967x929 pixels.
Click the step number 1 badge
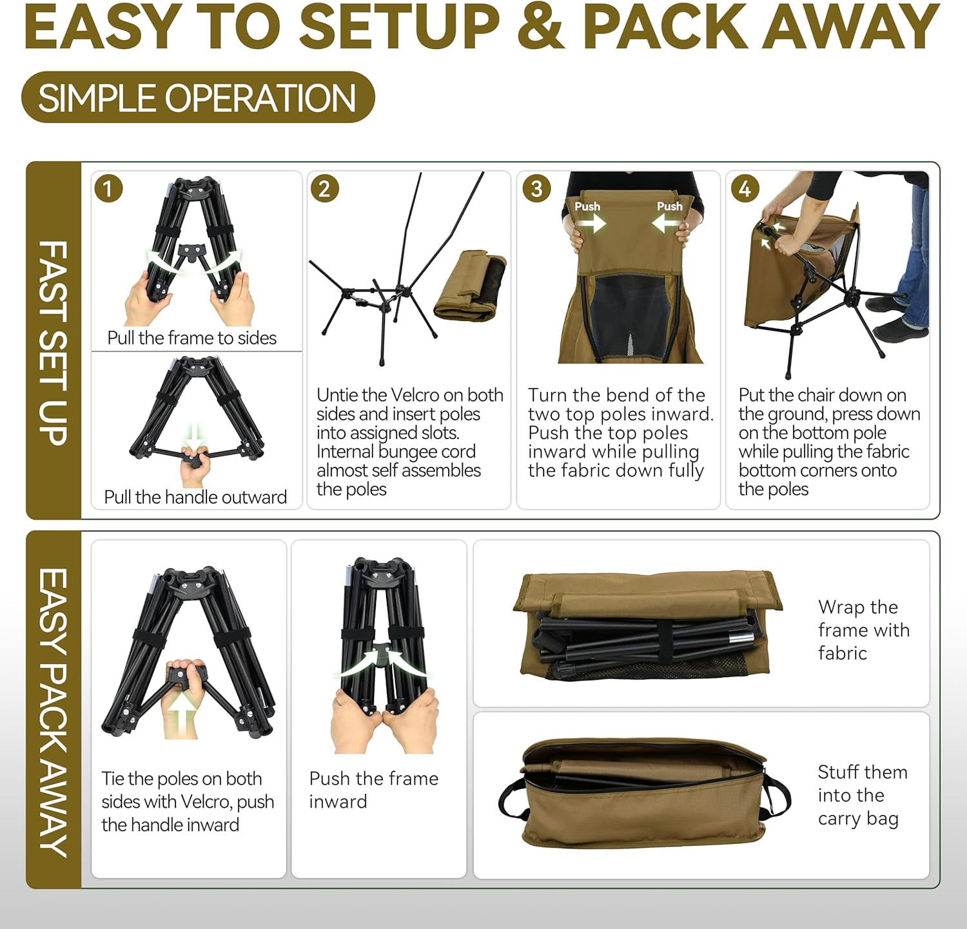point(108,188)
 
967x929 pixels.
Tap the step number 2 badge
point(324,188)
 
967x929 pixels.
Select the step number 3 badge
point(536,188)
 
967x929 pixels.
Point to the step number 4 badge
point(745,188)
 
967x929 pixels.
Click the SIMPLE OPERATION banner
point(198,97)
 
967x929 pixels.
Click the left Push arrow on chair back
point(591,223)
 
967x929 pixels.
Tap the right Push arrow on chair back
point(667,223)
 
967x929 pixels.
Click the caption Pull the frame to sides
point(191,338)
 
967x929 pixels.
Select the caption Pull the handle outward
point(195,497)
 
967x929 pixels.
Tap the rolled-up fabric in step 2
point(470,286)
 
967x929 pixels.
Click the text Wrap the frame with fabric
point(863,630)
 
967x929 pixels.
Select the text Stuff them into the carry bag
point(862,795)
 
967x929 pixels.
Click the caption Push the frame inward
point(373,790)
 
